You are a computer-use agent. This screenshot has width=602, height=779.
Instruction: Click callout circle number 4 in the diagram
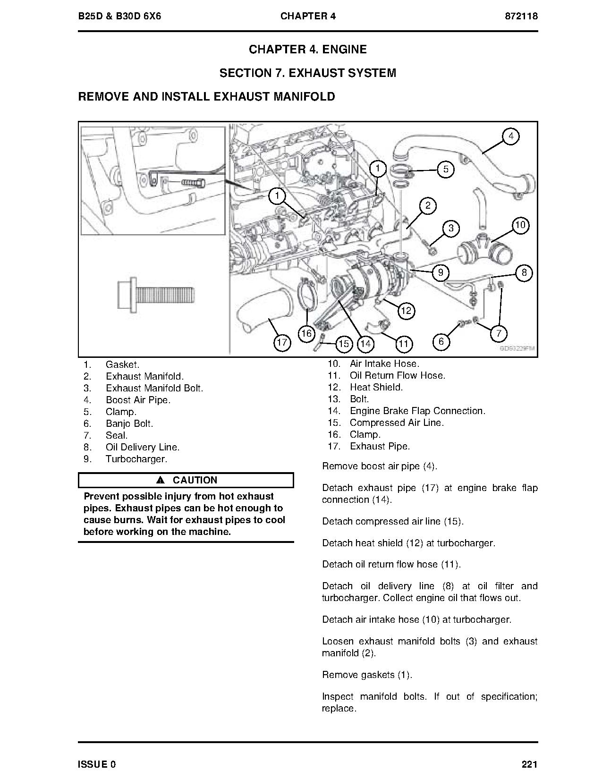click(x=510, y=136)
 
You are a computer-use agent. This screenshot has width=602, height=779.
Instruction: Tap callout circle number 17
click(x=282, y=342)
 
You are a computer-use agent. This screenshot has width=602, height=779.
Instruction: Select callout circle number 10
click(x=520, y=225)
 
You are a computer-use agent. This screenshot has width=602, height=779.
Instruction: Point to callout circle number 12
click(x=406, y=310)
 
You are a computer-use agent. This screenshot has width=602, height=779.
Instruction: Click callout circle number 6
click(x=441, y=341)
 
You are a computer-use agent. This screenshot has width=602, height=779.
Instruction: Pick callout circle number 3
click(x=451, y=229)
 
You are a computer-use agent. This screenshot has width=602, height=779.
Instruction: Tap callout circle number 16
click(x=306, y=333)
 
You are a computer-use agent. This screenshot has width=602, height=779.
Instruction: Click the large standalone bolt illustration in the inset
click(x=155, y=297)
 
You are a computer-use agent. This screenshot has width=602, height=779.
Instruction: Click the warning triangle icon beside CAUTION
click(x=160, y=480)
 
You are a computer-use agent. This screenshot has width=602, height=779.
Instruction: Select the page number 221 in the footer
click(x=530, y=764)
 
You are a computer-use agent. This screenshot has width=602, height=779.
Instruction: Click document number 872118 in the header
click(x=521, y=16)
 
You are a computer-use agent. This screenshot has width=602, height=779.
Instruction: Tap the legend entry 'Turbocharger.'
click(x=136, y=459)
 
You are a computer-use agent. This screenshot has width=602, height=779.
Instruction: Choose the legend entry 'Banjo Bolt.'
click(x=129, y=423)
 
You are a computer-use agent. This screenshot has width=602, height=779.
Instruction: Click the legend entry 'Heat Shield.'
click(x=376, y=387)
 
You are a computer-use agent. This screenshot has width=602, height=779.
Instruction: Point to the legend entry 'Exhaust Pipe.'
click(x=380, y=446)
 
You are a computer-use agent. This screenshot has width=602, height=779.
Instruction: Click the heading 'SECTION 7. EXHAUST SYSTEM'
click(x=308, y=73)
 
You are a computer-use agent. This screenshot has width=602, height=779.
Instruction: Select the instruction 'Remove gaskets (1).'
click(x=367, y=675)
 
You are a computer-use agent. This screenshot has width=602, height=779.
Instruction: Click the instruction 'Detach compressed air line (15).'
click(x=393, y=521)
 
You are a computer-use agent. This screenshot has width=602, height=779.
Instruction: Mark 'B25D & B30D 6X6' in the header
click(x=120, y=16)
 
